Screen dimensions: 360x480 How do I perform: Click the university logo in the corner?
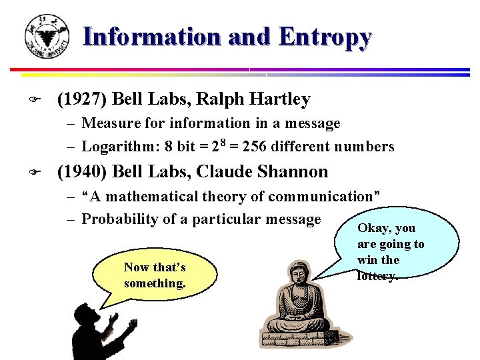click(x=46, y=36)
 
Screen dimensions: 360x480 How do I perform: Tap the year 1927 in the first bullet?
click(x=83, y=99)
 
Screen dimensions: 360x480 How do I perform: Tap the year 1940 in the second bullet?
click(x=83, y=171)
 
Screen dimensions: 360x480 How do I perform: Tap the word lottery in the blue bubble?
click(x=377, y=275)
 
